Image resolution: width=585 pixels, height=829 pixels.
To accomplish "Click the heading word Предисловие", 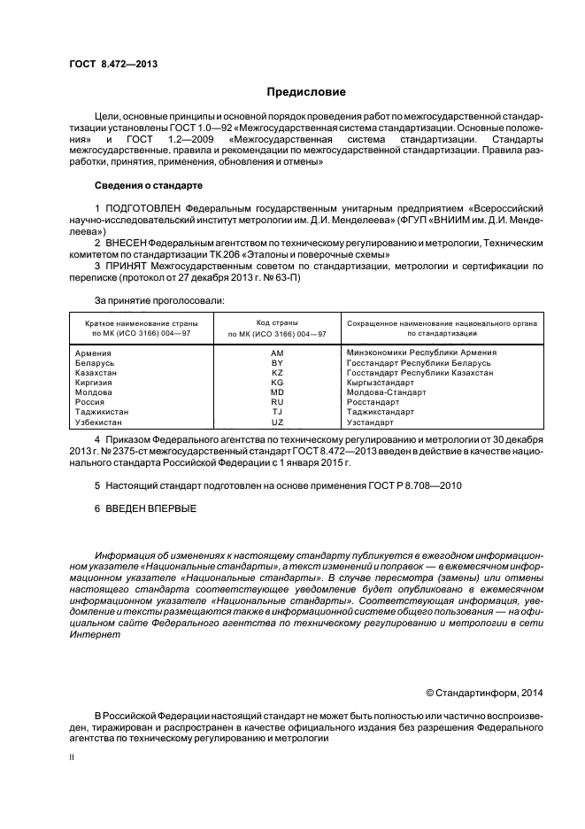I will coord(306,92).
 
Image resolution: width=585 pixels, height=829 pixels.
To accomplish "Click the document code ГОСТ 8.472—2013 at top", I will coord(113,64).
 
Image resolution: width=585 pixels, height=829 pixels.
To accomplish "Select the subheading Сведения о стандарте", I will coord(148,185).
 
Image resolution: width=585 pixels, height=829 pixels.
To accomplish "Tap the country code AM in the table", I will coord(277,353).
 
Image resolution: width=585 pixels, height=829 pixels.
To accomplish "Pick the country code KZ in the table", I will coord(277,373).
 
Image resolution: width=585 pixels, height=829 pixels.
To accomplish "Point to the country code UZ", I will coord(277,422).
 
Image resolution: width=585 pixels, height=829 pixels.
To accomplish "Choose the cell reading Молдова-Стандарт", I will coord(387,392).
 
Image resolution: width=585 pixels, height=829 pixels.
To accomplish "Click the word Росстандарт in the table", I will coord(373,402).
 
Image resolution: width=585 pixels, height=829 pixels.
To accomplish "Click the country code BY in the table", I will coord(277,363).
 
